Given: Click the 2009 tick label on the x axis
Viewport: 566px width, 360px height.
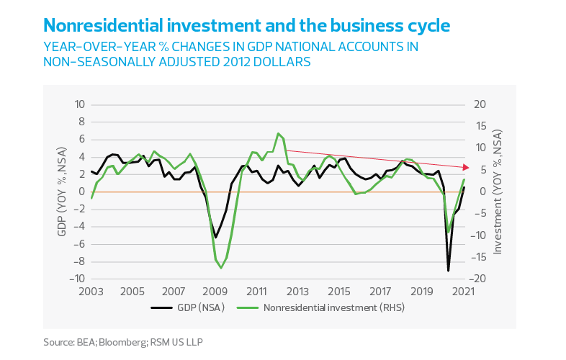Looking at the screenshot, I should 215,292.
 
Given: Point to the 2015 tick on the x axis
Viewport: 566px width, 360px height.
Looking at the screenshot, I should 339,292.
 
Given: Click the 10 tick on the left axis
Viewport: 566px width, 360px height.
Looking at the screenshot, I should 80,104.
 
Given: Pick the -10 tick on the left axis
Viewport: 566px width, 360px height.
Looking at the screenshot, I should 78,279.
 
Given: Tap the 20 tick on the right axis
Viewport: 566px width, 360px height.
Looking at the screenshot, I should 479,104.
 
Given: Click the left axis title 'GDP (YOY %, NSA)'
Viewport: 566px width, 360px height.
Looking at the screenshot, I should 61,192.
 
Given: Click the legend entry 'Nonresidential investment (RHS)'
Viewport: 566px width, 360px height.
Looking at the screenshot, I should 324,307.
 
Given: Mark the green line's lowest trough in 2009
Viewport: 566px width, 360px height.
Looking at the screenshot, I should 220,267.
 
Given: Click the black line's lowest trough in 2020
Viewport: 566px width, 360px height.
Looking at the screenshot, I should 449,271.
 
